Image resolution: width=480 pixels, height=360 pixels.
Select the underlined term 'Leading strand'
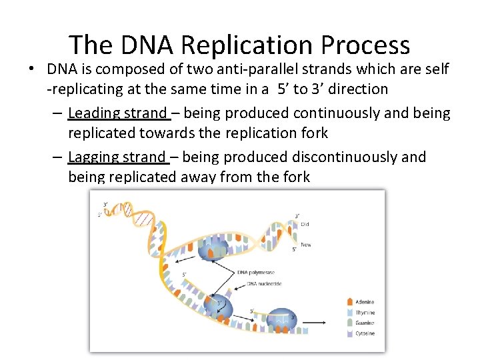point(117,113)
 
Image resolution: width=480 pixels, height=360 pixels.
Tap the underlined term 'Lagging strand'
point(117,157)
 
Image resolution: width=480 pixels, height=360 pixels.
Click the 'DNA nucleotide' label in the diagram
point(265,284)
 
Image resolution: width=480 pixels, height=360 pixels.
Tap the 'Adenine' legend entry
point(363,302)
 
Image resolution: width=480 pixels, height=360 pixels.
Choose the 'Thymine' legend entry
point(364,313)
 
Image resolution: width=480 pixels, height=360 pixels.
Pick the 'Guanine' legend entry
point(364,323)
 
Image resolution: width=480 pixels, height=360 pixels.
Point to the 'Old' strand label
point(305,225)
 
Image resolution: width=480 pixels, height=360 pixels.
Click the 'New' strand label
point(305,245)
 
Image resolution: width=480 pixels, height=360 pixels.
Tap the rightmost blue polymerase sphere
point(281,322)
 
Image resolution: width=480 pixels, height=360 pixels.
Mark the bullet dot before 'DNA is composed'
point(32,69)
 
